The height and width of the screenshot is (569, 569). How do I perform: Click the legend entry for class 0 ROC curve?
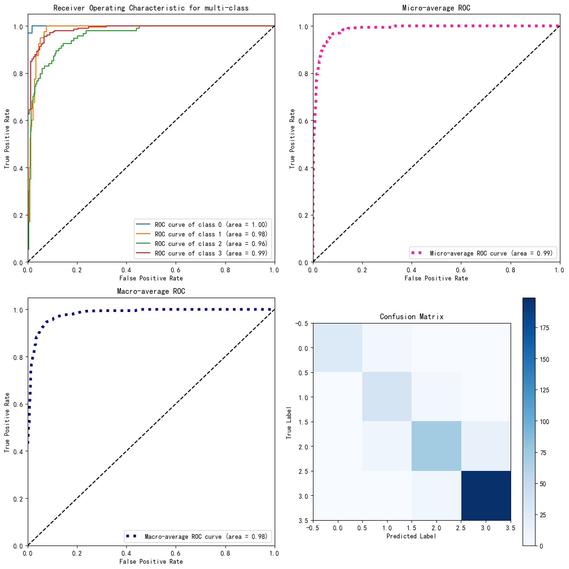[x=211, y=224]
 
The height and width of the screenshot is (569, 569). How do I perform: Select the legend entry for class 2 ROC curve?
[x=211, y=244]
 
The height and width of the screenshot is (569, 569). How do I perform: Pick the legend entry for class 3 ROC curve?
[x=211, y=253]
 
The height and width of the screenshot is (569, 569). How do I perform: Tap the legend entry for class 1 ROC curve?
[x=211, y=234]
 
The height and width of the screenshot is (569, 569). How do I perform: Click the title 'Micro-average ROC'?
[x=436, y=8]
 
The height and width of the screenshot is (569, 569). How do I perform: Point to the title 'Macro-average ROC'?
[x=151, y=291]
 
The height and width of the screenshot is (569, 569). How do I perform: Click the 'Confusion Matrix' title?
[x=412, y=317]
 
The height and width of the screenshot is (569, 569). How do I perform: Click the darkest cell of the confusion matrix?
[x=486, y=496]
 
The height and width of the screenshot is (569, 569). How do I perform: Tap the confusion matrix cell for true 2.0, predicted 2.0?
[x=436, y=446]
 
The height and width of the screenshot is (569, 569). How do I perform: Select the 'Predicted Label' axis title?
[x=412, y=536]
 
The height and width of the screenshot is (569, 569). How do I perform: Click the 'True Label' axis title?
[x=289, y=422]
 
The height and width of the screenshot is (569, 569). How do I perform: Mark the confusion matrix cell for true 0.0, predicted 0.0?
[x=337, y=347]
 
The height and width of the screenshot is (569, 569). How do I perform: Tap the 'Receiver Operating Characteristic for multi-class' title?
[x=151, y=8]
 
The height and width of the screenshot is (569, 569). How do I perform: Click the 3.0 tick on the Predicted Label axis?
[x=486, y=528]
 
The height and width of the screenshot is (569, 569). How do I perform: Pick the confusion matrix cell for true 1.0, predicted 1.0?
[x=387, y=397]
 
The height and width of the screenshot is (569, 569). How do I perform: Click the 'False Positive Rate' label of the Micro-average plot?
[x=436, y=279]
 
